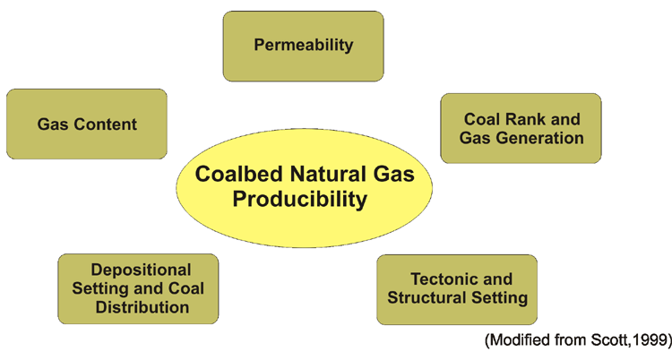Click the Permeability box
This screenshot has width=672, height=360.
pos(304,47)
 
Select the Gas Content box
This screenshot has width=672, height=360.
pos(87,124)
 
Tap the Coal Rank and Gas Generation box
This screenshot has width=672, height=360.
pos(521,129)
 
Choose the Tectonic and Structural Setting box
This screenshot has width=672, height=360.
pos(457,290)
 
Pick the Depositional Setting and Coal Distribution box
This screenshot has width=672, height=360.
pos(138,289)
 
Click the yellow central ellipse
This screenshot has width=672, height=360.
pos(305,188)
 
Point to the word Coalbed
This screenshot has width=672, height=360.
pos(239,174)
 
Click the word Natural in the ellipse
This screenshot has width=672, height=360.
pos(327,174)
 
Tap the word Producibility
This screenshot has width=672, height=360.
pos(300,200)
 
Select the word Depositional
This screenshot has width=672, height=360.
pos(141,270)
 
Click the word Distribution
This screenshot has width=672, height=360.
pos(142,307)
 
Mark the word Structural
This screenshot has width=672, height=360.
pos(426,298)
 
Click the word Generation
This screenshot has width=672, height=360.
pos(542,138)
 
